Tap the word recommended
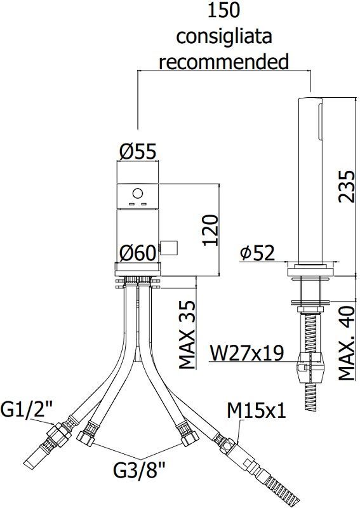pyautogui.click(x=223, y=62)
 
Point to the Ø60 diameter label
pyautogui.click(x=138, y=253)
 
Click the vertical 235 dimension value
pyautogui.click(x=345, y=185)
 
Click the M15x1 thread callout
pyautogui.click(x=257, y=411)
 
